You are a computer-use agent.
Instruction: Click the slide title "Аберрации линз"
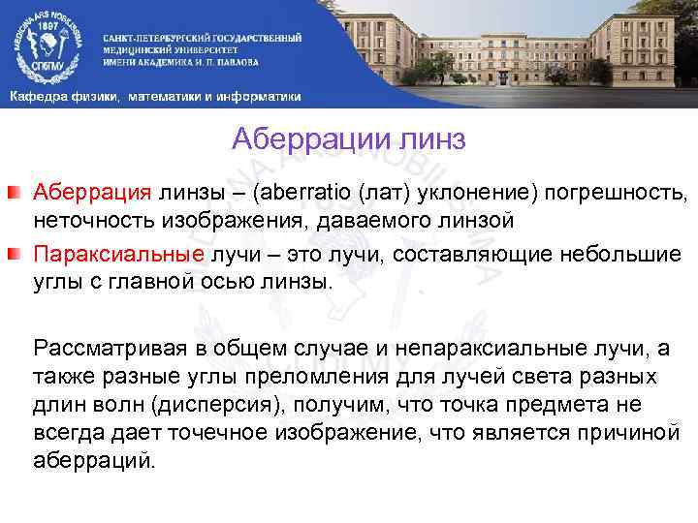tap(349, 141)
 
